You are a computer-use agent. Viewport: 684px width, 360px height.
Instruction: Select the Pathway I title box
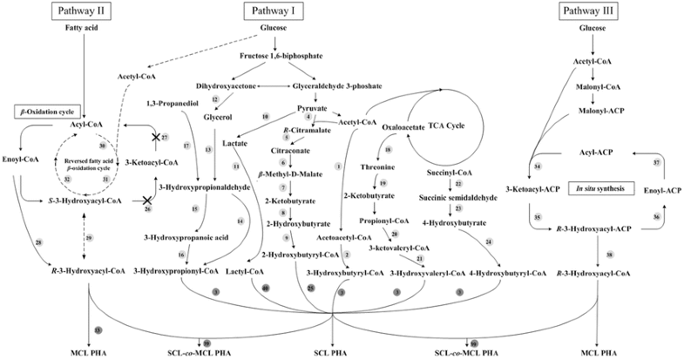[x=275, y=11]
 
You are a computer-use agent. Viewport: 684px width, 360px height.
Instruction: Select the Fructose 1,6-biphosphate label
[x=275, y=57]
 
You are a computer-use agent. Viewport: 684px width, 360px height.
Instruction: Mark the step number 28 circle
[x=39, y=241]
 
